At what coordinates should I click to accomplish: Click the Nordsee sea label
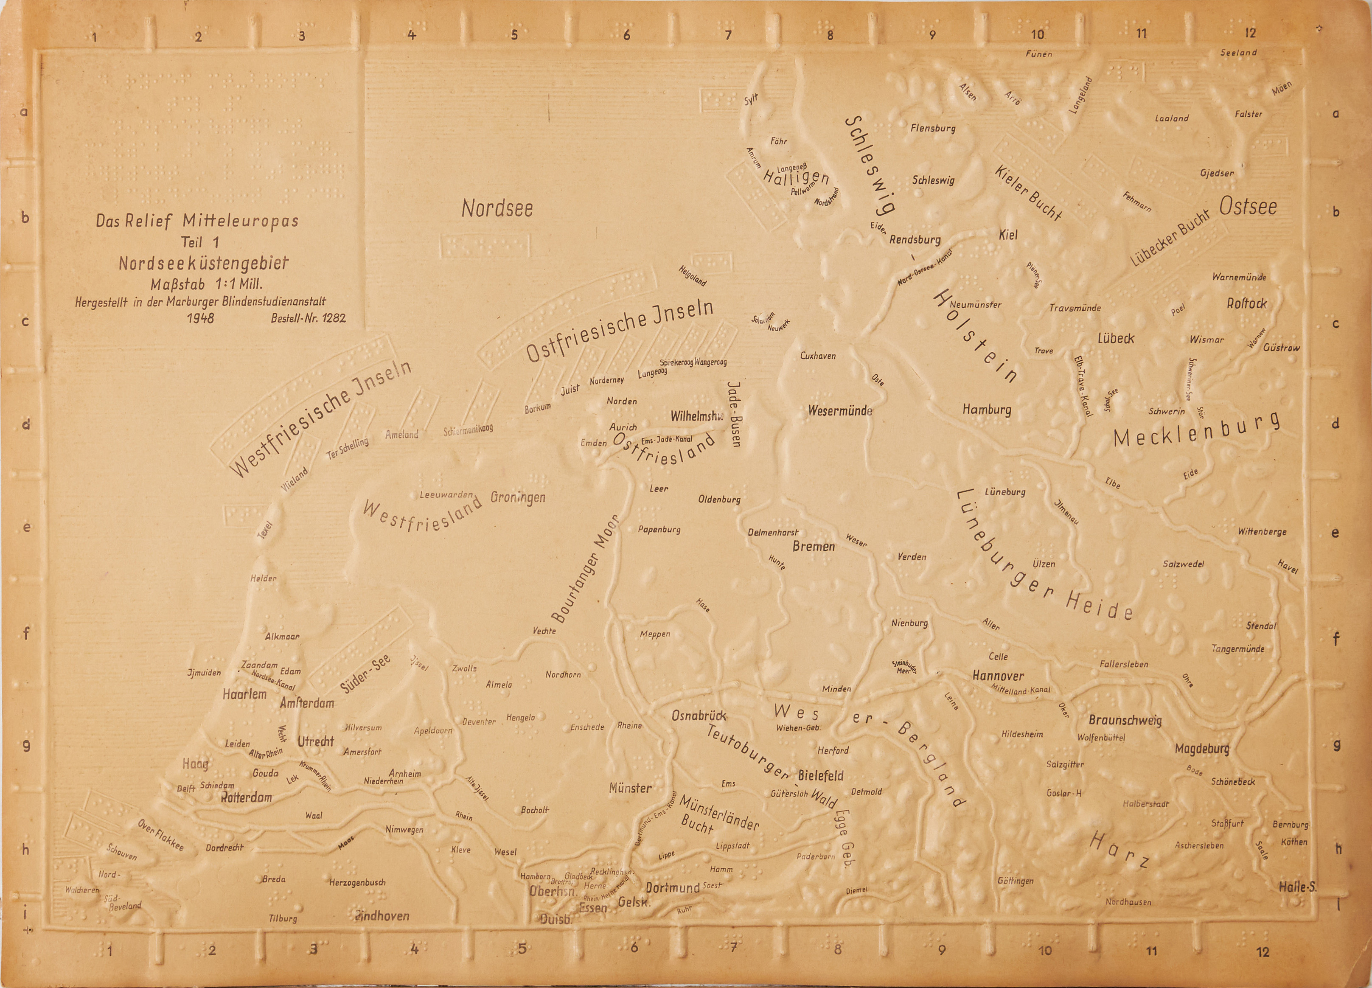(x=497, y=208)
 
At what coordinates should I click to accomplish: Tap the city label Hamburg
(x=987, y=410)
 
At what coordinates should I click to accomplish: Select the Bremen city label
(x=813, y=546)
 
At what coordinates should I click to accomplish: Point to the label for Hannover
(x=998, y=676)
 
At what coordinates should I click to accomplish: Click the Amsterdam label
(x=307, y=703)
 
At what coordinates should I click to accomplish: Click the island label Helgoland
(x=692, y=275)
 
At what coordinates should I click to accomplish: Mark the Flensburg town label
(x=932, y=128)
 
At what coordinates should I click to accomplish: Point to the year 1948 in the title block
(x=200, y=317)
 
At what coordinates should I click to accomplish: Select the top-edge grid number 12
(x=1250, y=33)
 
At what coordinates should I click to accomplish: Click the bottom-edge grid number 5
(x=522, y=949)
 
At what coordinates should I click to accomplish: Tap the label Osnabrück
(x=699, y=716)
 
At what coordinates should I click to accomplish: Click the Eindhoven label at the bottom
(x=382, y=916)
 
